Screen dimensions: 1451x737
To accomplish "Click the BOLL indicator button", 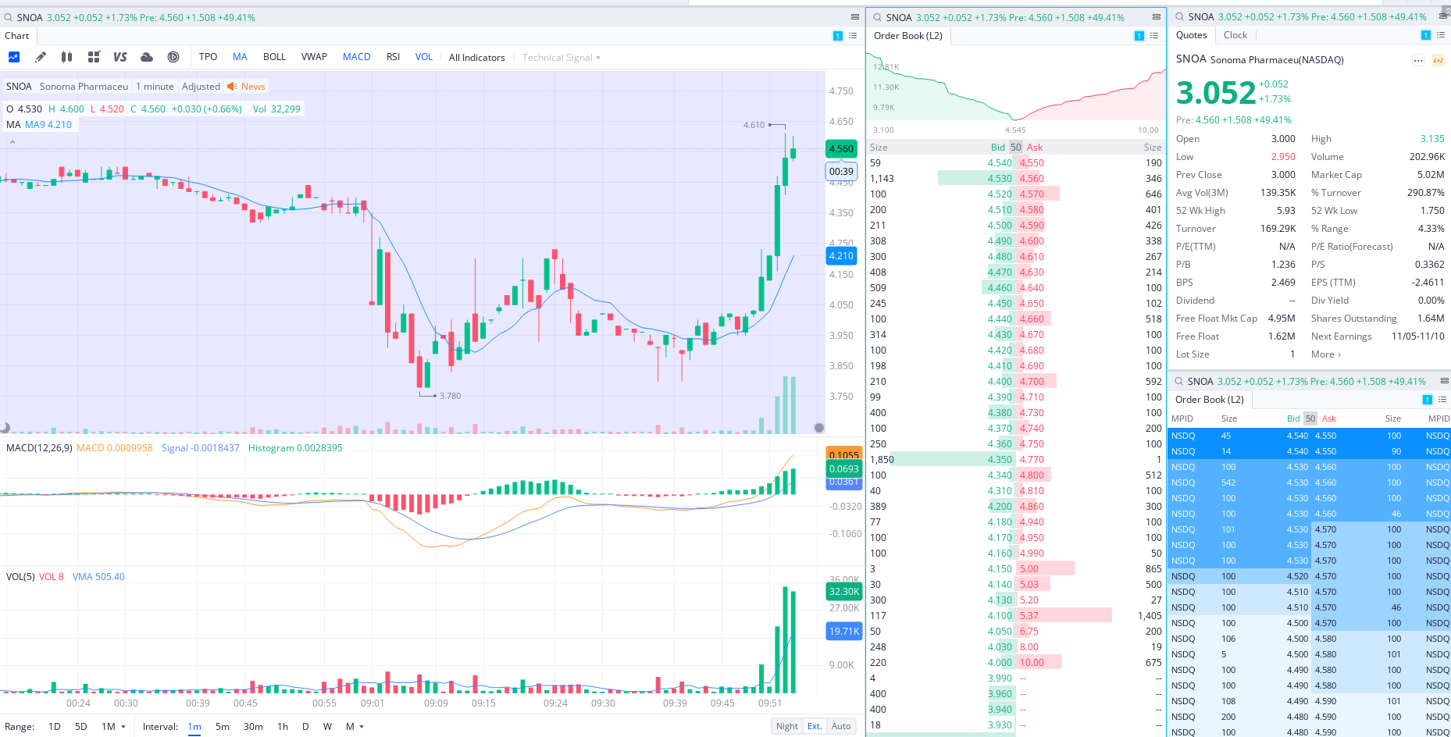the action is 274,57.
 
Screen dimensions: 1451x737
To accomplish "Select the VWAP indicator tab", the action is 314,57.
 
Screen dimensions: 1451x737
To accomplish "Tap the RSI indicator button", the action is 393,57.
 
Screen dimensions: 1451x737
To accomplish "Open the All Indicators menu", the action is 476,58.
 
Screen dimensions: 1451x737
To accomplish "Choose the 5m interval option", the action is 223,726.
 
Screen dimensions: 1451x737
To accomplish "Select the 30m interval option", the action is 253,726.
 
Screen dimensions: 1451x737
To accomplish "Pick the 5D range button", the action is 81,726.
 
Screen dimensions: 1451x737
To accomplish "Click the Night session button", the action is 787,726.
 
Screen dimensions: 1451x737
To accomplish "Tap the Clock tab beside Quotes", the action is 1235,35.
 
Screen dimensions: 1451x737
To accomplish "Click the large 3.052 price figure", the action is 1216,93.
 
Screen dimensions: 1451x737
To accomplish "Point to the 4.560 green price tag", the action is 841,149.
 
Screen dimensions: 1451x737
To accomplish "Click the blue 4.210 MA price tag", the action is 841,256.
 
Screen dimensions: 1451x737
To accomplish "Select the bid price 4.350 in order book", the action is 1000,460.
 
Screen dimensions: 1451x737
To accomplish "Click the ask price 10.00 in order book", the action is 1032,663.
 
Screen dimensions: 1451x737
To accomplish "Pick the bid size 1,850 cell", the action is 882,460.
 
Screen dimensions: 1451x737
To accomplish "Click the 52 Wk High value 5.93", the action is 1285,211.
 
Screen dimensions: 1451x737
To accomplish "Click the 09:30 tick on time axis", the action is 603,703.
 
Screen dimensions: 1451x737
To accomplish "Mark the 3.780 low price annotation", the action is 450,396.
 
